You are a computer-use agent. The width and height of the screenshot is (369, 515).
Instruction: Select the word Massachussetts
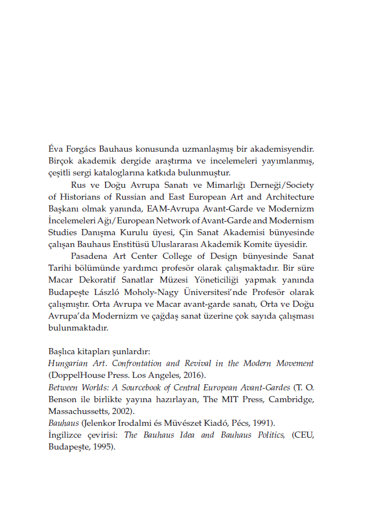(x=77, y=410)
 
